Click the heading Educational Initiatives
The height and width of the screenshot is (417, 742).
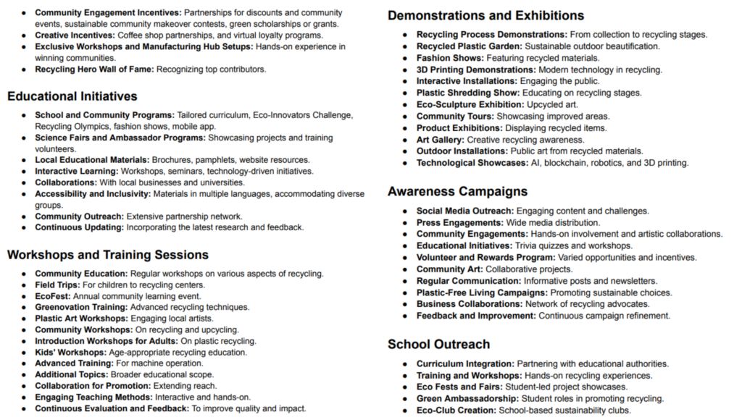coord(72,96)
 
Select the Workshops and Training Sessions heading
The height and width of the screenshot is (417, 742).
coord(108,255)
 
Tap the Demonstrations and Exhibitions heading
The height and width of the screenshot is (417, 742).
coord(485,15)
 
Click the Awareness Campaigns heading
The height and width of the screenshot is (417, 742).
coord(457,191)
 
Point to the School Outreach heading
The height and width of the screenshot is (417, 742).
coord(438,344)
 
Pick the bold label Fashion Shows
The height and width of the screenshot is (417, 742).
coord(450,58)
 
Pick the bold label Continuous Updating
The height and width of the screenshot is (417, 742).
coord(79,227)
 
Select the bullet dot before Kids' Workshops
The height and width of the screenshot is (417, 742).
coord(25,353)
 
